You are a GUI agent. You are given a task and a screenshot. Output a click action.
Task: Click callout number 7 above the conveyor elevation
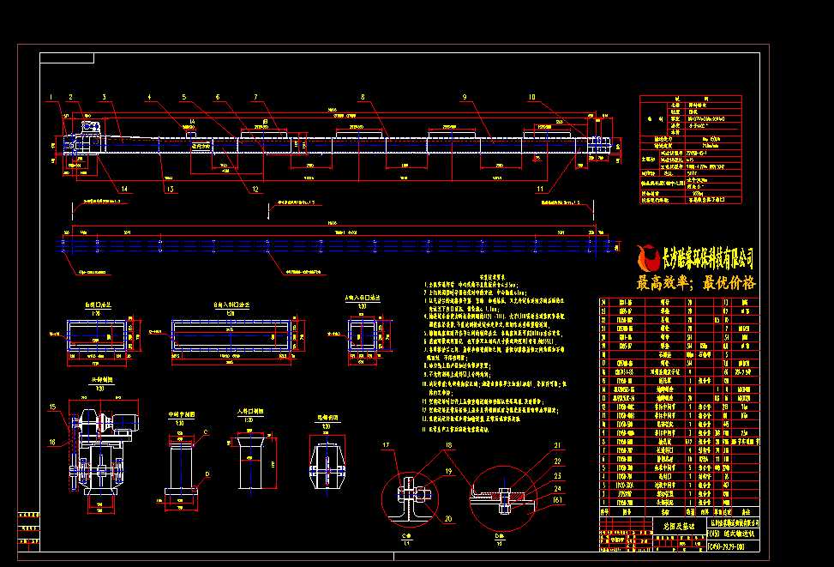[255, 96]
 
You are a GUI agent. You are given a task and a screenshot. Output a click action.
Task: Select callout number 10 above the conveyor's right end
[531, 97]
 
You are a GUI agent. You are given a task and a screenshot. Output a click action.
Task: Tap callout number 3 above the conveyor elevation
[103, 96]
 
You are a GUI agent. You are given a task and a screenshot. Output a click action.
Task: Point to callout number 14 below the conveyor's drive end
[125, 188]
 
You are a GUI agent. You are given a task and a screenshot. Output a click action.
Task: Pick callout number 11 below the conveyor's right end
[540, 188]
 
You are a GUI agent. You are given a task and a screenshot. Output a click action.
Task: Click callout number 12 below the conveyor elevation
[255, 189]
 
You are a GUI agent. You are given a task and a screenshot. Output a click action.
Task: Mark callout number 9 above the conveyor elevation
[463, 97]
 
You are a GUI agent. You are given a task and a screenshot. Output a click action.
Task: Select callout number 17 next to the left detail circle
[386, 444]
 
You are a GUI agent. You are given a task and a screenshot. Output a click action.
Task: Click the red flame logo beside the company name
[647, 256]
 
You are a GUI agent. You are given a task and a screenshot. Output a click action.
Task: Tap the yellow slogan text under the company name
[695, 283]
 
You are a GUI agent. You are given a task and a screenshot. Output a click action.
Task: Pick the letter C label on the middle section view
[207, 433]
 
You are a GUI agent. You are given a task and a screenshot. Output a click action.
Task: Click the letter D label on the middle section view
[207, 473]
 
